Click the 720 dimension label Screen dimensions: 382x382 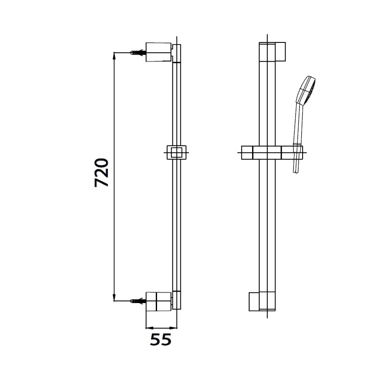[x=102, y=173]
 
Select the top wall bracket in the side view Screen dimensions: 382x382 [x=158, y=52]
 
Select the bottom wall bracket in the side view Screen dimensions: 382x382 [x=158, y=302]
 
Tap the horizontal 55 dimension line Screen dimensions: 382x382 [x=161, y=328]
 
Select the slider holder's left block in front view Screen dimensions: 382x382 [x=247, y=152]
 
